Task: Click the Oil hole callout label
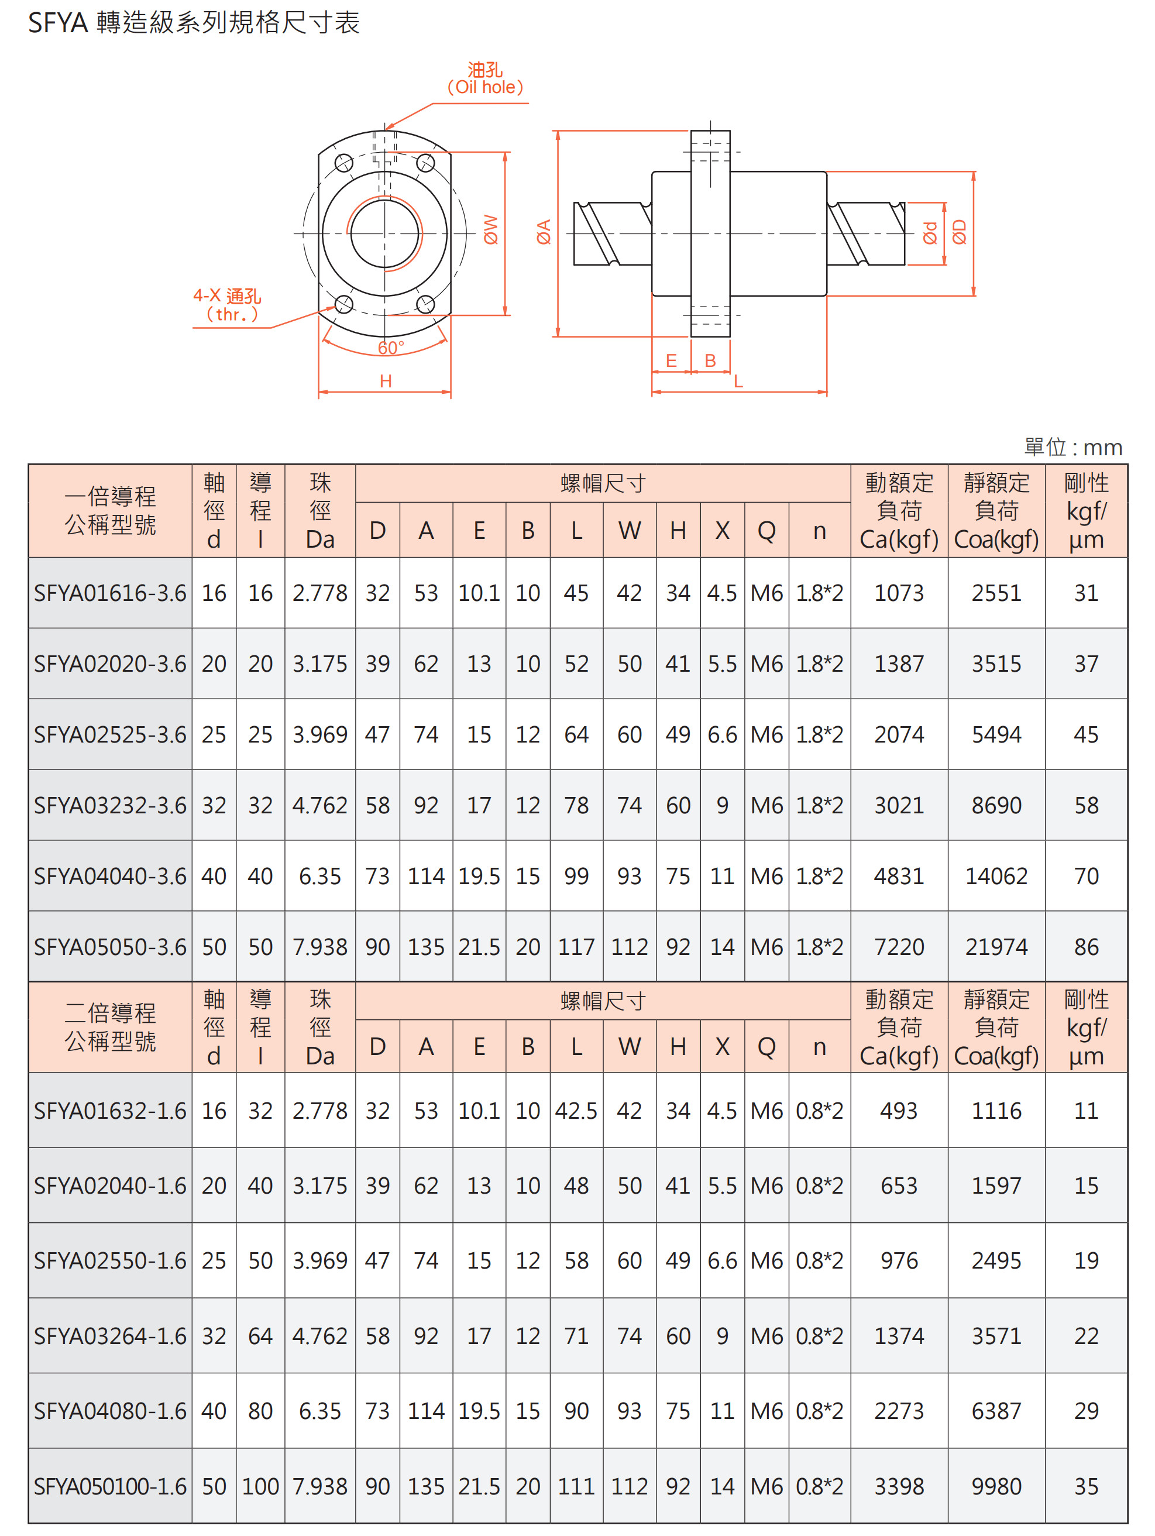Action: click(485, 78)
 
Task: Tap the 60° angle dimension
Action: click(391, 347)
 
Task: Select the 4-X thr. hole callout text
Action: click(228, 305)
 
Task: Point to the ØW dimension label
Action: click(491, 229)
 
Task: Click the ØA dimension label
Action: click(544, 232)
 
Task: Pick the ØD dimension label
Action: click(959, 232)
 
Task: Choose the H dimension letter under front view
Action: click(386, 380)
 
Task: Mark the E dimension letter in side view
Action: click(671, 360)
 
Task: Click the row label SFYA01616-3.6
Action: click(111, 593)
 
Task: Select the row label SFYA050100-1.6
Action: click(111, 1486)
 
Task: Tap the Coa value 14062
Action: click(996, 877)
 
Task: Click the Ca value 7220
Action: click(899, 947)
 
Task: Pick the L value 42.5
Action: click(576, 1111)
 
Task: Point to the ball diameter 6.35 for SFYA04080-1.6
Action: click(319, 1411)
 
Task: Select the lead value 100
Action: click(260, 1486)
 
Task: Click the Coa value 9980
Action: click(996, 1486)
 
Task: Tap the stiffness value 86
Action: click(1086, 947)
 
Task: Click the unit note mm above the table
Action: click(1102, 448)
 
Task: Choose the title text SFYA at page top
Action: click(59, 23)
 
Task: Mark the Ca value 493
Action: click(899, 1111)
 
